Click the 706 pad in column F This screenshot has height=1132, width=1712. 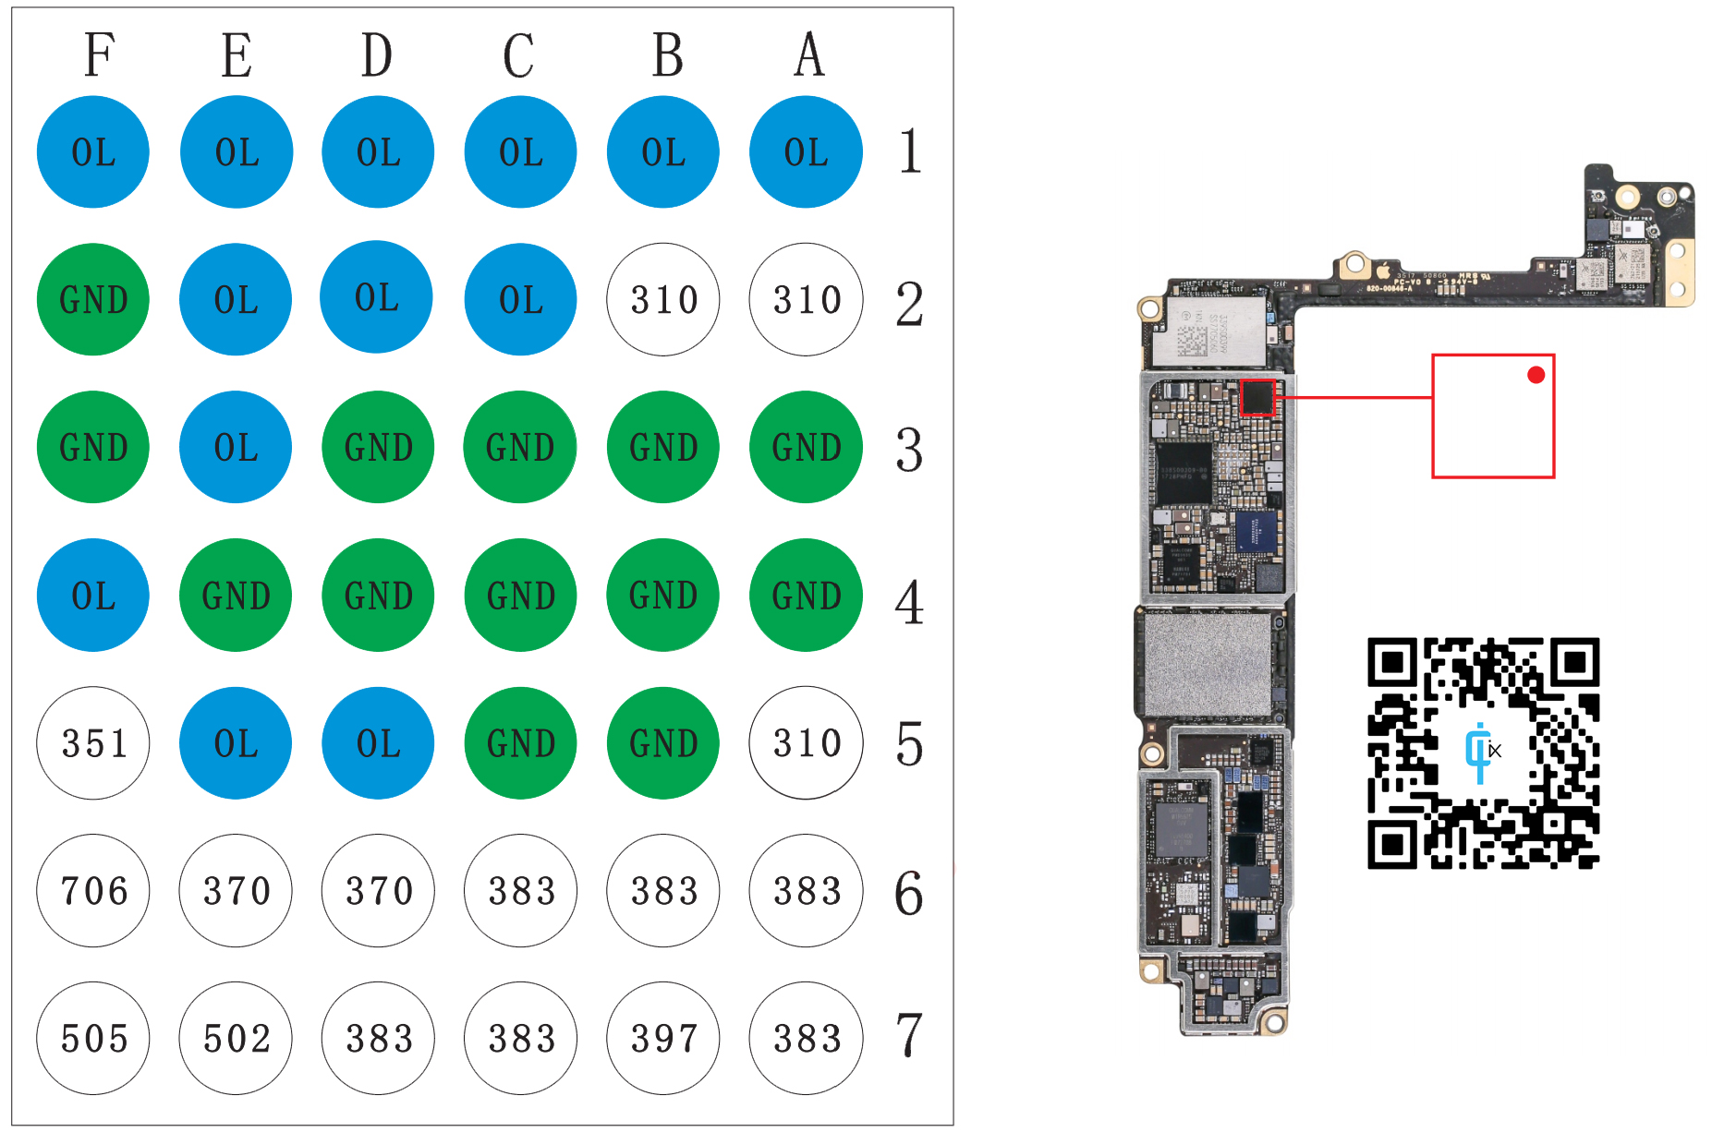(x=93, y=890)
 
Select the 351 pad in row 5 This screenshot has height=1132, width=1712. (x=93, y=742)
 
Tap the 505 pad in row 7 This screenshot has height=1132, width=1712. (x=93, y=1038)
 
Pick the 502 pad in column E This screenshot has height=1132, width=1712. (x=236, y=1038)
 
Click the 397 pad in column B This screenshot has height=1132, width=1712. (x=663, y=1038)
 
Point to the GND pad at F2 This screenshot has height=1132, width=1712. (x=93, y=299)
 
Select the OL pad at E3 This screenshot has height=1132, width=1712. (x=236, y=447)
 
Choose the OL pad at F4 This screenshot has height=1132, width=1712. (x=93, y=595)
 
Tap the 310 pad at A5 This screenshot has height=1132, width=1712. (x=806, y=742)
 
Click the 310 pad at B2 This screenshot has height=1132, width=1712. (x=663, y=299)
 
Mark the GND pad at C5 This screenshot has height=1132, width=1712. (x=521, y=742)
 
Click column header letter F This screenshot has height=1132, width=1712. (x=99, y=54)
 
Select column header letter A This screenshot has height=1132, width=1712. (x=809, y=54)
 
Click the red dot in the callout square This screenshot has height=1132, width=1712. (x=1536, y=375)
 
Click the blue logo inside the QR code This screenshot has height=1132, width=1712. (x=1480, y=752)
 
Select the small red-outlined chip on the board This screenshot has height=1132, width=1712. (x=1257, y=398)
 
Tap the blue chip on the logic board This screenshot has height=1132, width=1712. (x=1256, y=531)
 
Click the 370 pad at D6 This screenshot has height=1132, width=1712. (x=378, y=890)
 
